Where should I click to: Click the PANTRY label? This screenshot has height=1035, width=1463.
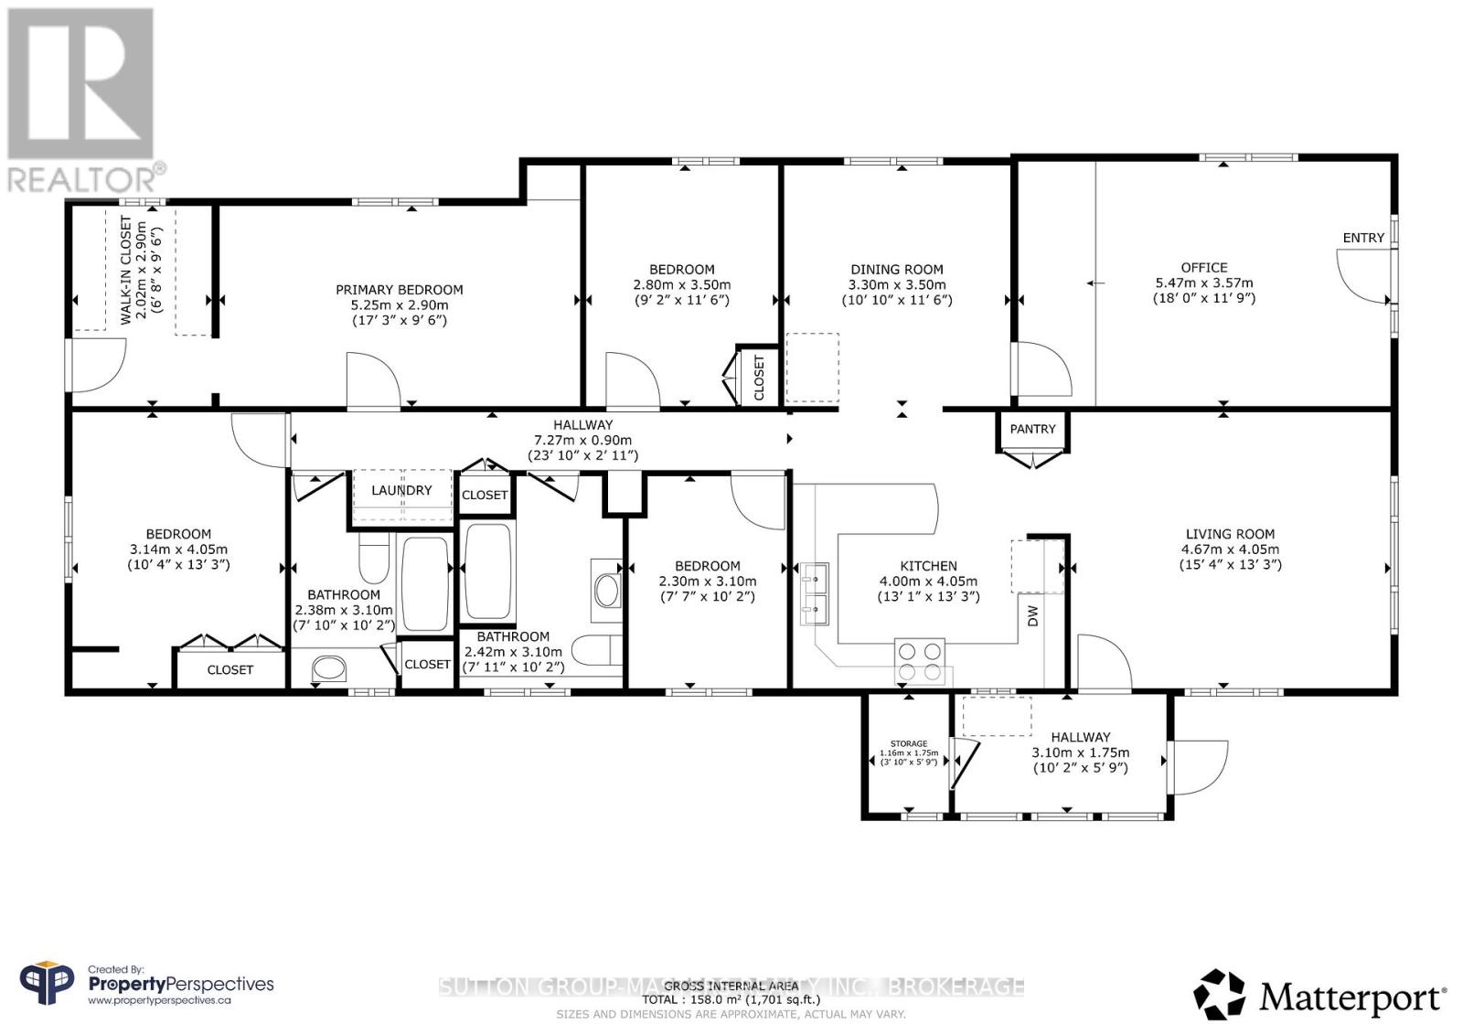(1032, 429)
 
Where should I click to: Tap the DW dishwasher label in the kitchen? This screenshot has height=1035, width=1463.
(1033, 616)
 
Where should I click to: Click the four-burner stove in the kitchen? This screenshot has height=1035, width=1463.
(919, 662)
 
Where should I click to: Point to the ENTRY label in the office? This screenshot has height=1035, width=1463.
(1363, 238)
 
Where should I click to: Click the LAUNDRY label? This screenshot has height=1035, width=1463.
(401, 491)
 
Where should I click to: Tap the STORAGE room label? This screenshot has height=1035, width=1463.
(909, 743)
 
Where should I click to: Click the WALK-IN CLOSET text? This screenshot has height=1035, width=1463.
(127, 272)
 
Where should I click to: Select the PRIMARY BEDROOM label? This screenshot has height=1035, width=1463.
(400, 290)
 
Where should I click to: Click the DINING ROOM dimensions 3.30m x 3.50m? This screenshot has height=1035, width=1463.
(896, 284)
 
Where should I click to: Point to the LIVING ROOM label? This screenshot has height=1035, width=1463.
(1230, 534)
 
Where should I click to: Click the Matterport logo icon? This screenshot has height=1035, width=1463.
(1219, 995)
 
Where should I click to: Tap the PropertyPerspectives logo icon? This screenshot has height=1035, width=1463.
(47, 985)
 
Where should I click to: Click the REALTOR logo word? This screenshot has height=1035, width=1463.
(82, 177)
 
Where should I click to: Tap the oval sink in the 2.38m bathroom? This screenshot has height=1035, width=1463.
(329, 668)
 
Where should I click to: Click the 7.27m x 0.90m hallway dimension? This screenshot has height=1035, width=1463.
(582, 440)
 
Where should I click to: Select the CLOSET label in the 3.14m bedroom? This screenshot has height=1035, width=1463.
(230, 670)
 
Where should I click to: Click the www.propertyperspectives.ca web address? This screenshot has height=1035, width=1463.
(159, 1001)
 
